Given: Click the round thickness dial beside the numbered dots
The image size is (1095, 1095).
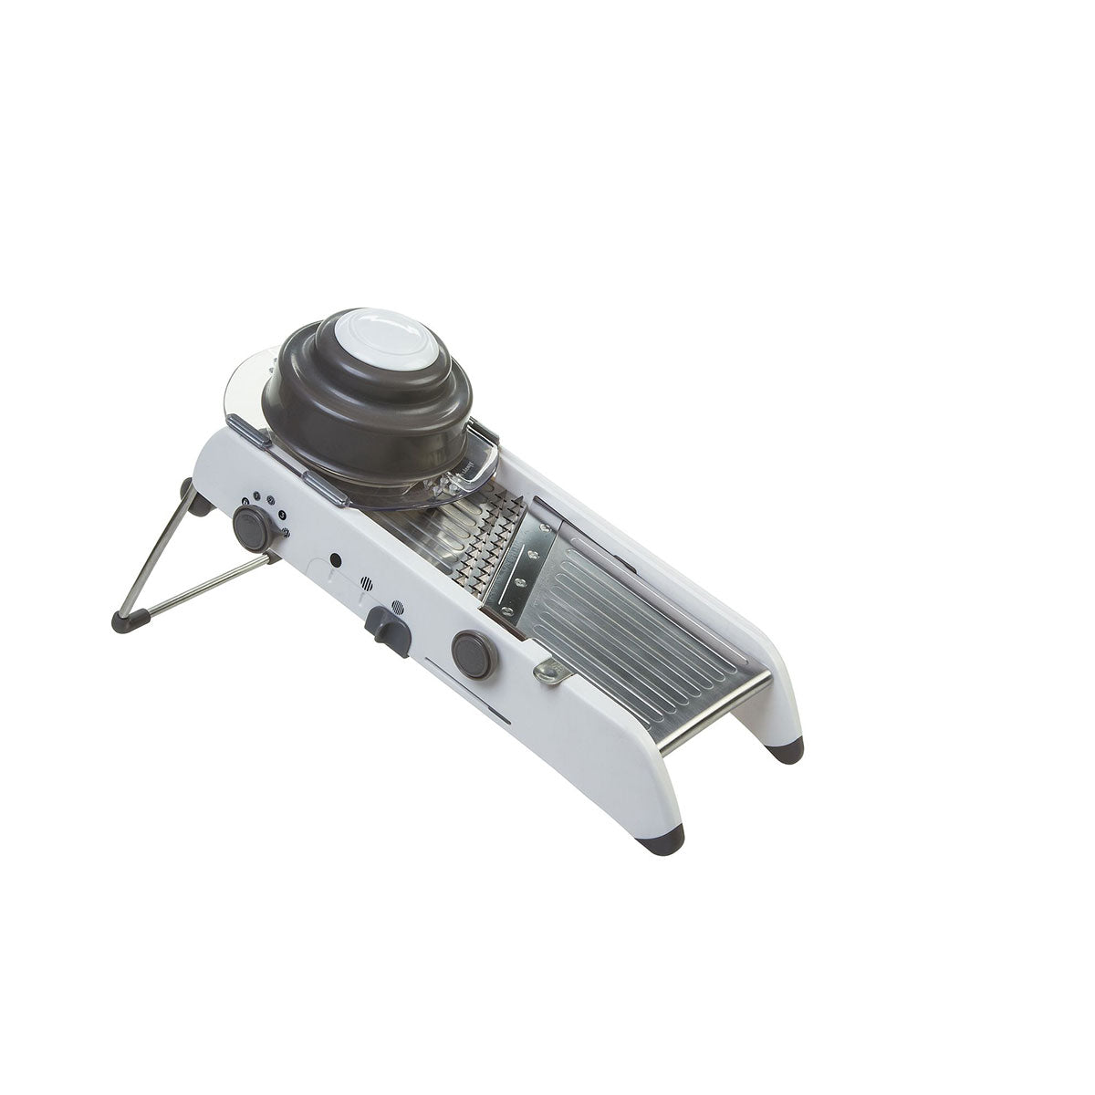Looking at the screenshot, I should (252, 527).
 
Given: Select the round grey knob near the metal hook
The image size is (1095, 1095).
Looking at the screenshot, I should (473, 653).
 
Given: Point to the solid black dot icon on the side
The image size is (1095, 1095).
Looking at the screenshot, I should (335, 558).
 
